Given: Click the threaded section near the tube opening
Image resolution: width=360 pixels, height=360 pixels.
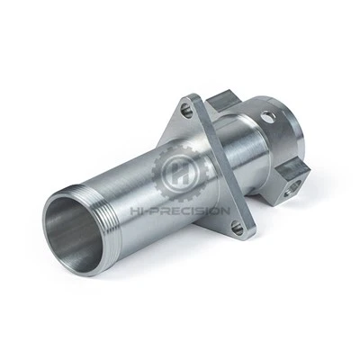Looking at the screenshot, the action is pos(107,223).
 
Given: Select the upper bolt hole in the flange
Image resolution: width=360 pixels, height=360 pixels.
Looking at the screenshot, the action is pos(187,111).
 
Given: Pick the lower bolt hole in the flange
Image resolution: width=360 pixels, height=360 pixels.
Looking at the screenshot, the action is pos(238,229).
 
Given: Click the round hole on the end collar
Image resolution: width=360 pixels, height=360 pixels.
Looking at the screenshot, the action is pos(267,116).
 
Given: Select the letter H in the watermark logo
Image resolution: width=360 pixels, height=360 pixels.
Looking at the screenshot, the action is pos(181,172).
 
